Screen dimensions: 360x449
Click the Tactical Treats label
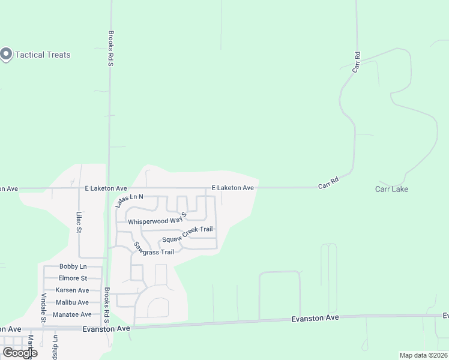click(x=43, y=55)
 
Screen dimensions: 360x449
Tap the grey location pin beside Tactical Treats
click(x=7, y=55)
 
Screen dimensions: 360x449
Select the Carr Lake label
click(x=391, y=189)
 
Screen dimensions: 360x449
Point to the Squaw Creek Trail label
click(x=187, y=233)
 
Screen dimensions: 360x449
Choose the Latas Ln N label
click(x=130, y=200)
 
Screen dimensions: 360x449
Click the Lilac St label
click(x=78, y=220)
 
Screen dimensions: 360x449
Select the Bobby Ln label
click(x=73, y=266)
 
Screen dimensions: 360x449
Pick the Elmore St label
click(x=73, y=278)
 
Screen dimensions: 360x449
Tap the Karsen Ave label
click(x=72, y=290)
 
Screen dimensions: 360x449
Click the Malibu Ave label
click(x=72, y=302)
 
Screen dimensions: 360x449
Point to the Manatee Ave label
click(x=72, y=314)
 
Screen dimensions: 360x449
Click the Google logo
click(x=20, y=353)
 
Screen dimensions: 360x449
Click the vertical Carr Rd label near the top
click(x=357, y=62)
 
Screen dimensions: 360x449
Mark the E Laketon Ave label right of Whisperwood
click(x=232, y=188)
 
